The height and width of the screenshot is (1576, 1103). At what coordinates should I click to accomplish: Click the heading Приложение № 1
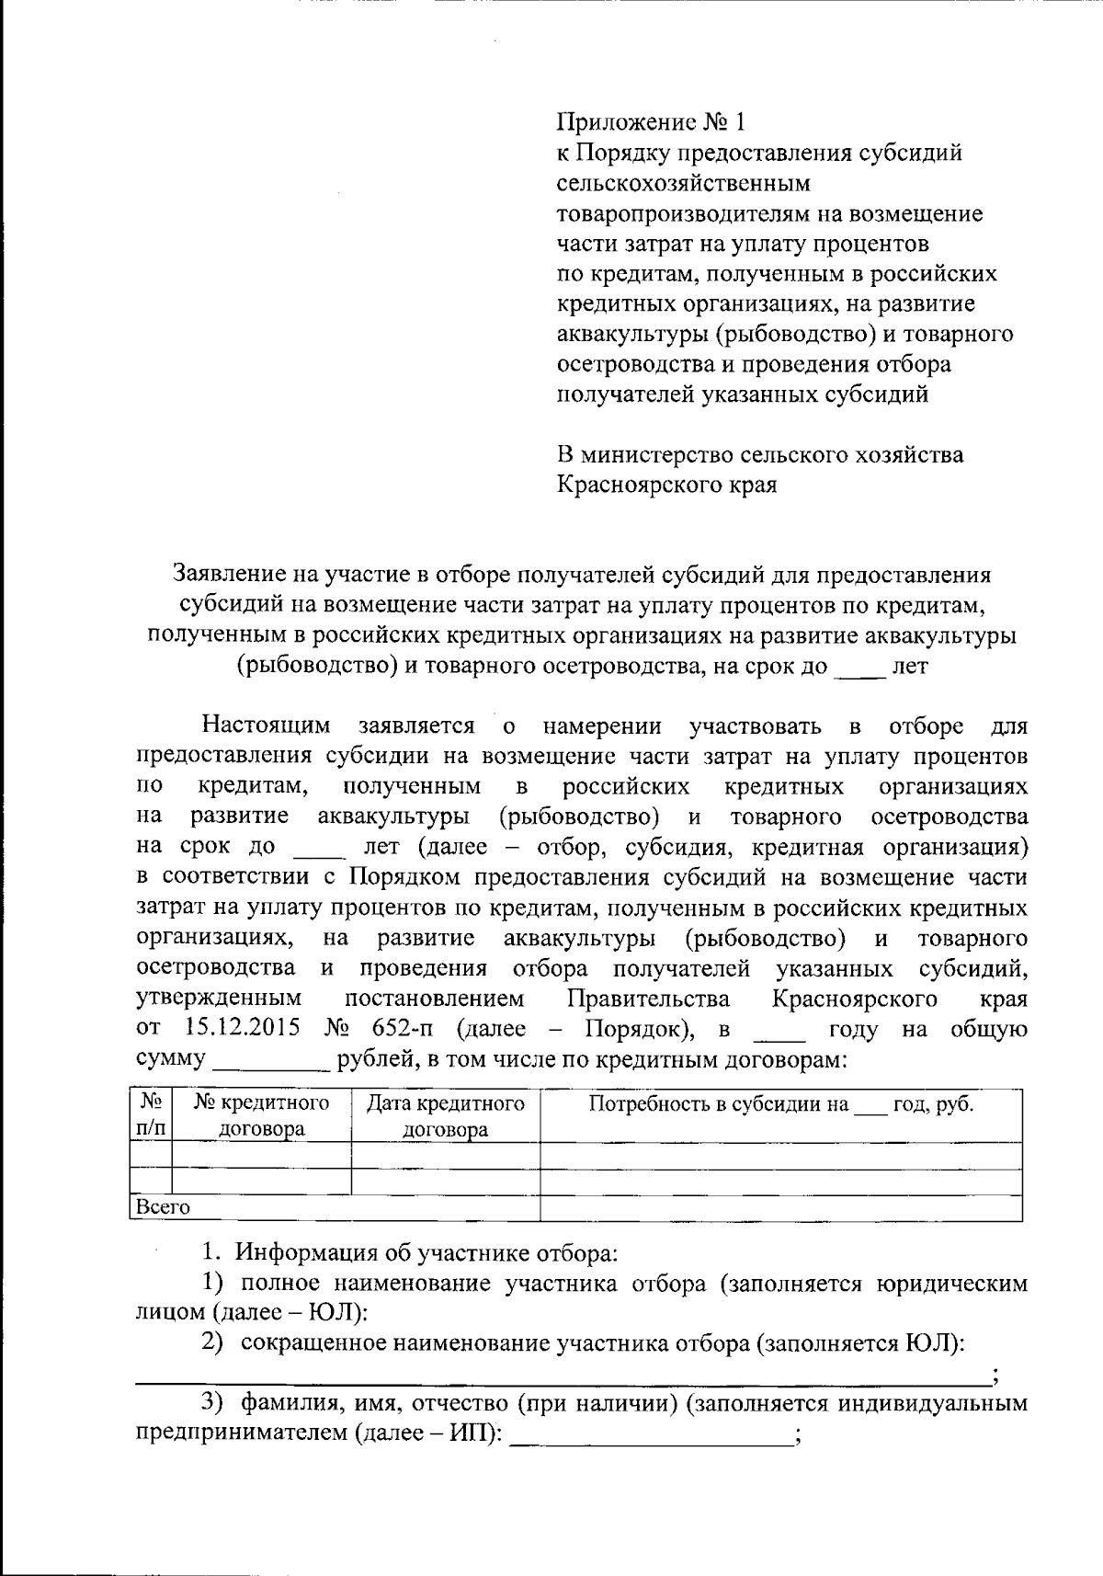653,122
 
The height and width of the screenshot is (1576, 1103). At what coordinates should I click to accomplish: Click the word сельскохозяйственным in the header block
684,183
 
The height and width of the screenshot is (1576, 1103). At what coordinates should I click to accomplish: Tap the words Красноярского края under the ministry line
667,485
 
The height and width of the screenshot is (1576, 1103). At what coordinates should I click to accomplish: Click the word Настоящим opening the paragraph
266,726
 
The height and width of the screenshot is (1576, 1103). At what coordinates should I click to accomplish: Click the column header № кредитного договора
261,1115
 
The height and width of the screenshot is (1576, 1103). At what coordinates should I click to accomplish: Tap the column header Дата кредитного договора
445,1115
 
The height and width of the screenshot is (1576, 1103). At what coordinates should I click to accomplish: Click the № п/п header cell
151,1115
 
